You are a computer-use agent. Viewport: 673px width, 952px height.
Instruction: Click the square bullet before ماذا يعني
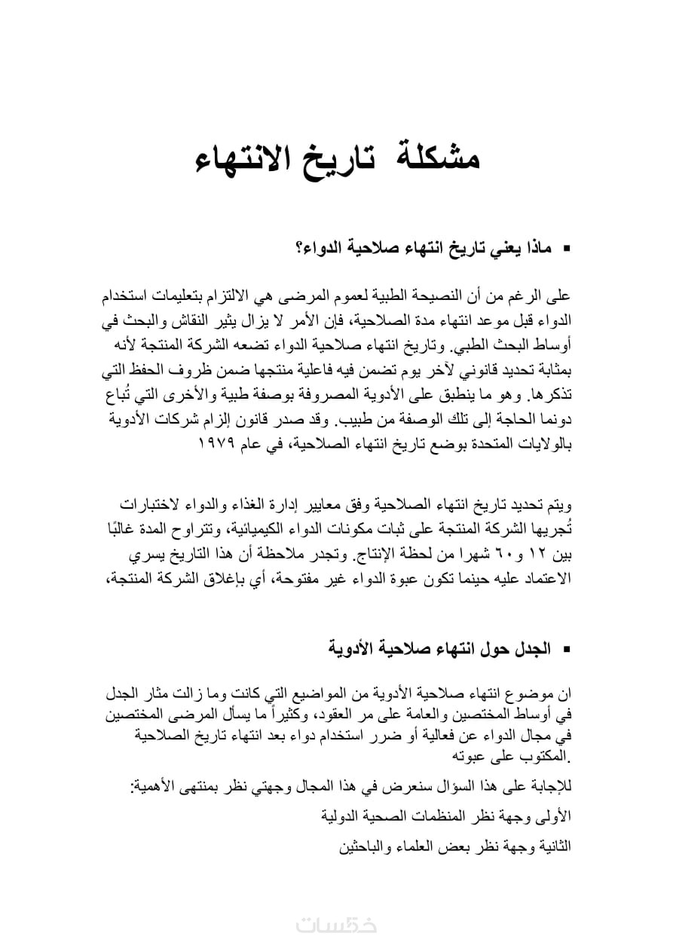(567, 248)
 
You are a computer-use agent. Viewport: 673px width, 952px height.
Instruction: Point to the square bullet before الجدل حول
(567, 648)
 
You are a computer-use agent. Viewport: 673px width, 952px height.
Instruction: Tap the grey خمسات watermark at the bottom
(336, 926)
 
